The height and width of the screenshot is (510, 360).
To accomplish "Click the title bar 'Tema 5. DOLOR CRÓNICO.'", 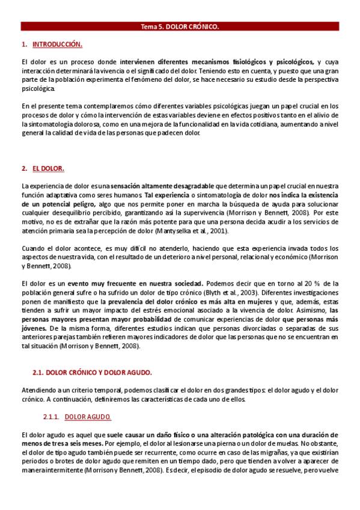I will coord(180,26).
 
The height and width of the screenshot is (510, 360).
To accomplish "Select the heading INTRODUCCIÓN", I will coord(57,45).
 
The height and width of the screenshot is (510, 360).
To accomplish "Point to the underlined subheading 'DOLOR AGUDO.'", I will coord(88,417).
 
